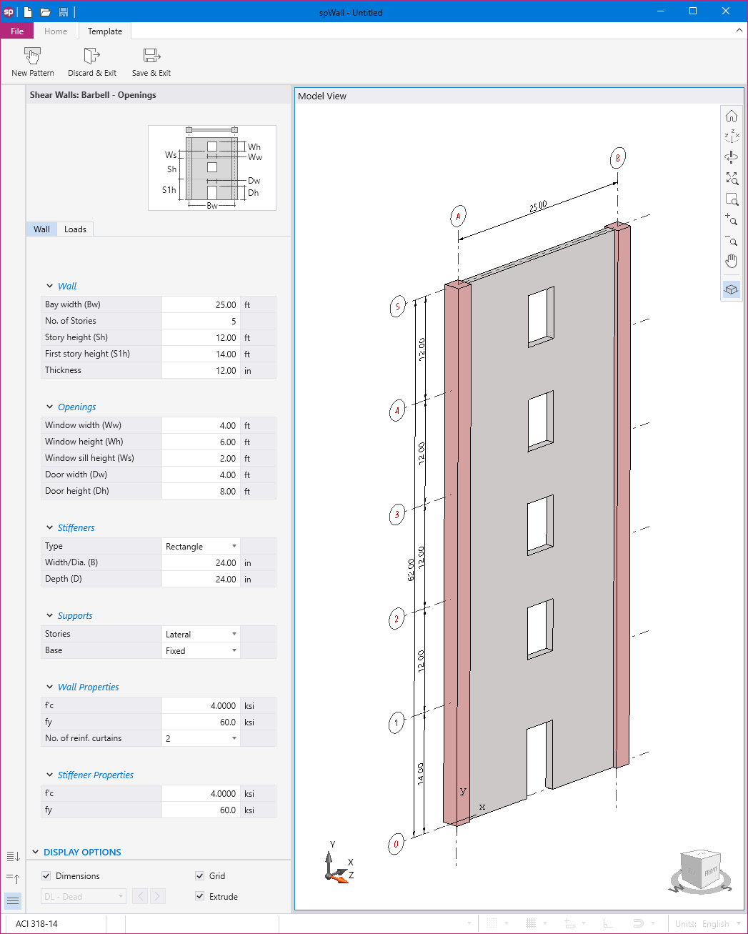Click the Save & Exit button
tap(151, 62)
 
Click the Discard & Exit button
tap(92, 62)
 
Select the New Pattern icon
tap(33, 56)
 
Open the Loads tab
tap(75, 229)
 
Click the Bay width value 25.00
tap(201, 304)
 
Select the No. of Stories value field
tap(201, 321)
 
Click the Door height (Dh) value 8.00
tap(201, 492)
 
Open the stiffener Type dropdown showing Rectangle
tap(201, 547)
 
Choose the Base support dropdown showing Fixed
tap(201, 650)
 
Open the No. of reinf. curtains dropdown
tap(201, 738)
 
